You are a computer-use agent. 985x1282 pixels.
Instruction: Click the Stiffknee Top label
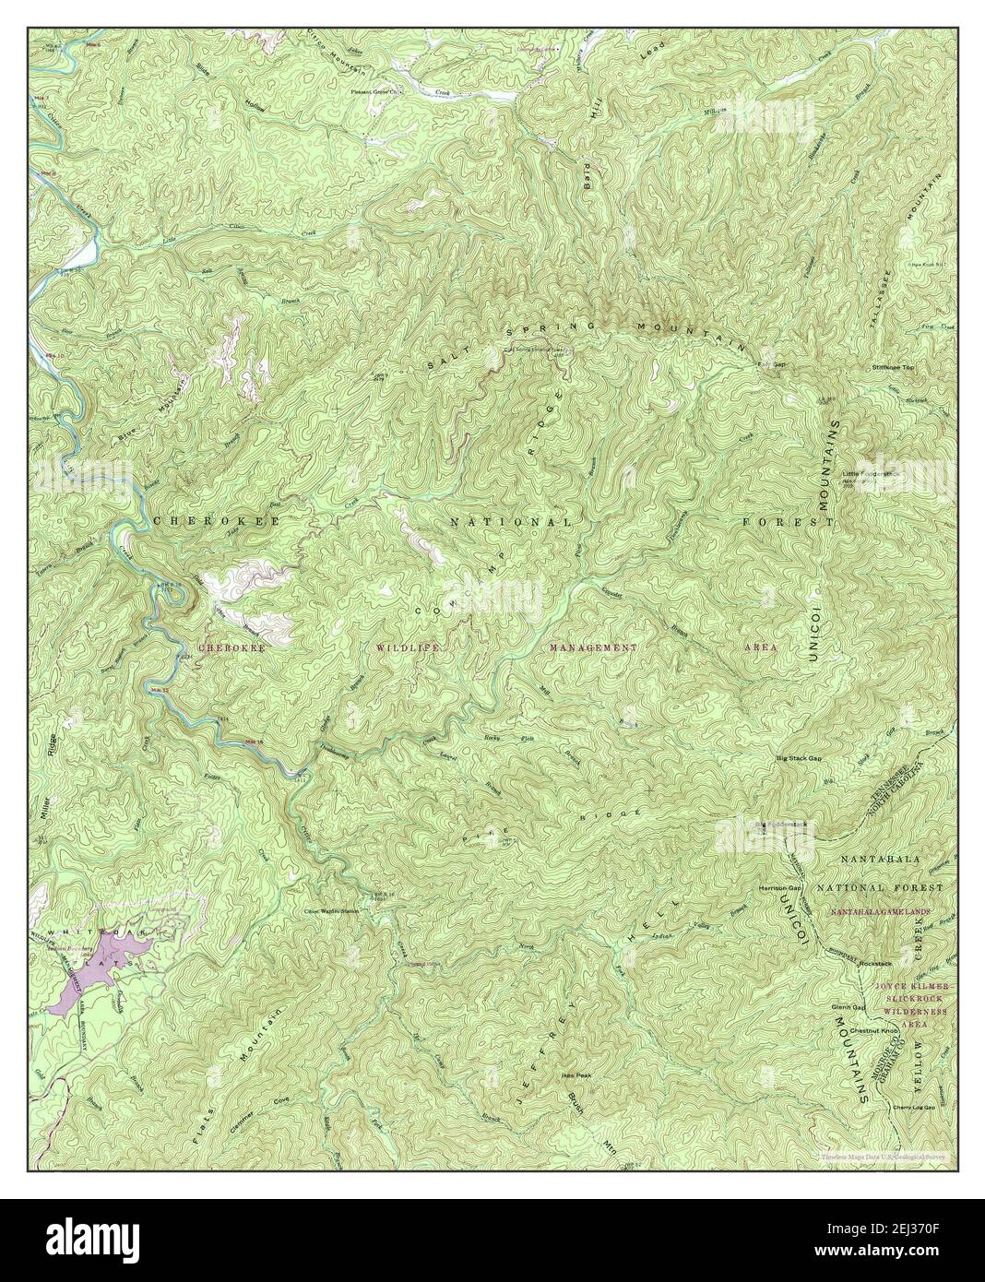[891, 367]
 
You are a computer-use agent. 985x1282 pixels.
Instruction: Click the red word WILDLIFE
[407, 648]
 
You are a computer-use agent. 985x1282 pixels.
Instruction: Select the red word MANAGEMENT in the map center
[593, 648]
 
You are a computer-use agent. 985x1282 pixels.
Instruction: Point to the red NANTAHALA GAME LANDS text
[880, 912]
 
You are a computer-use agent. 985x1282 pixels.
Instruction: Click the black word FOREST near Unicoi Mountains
[789, 522]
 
